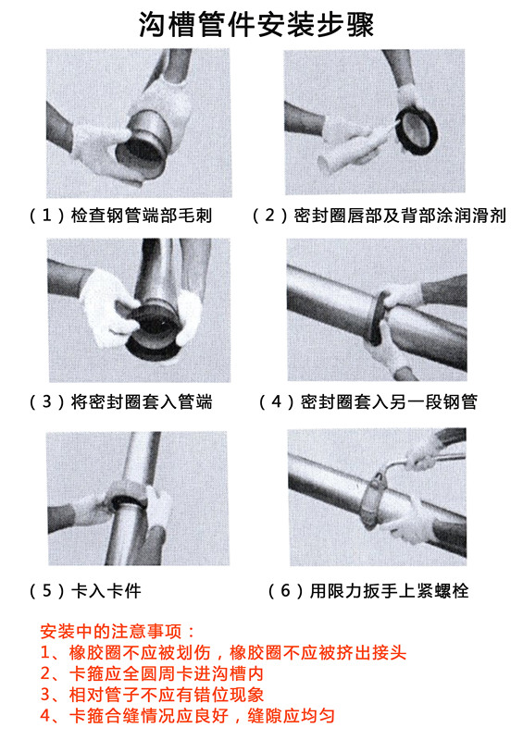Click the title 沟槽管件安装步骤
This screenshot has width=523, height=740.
(256, 24)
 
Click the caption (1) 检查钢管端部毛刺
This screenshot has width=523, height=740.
(121, 216)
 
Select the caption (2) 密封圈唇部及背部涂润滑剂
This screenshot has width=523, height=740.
(380, 216)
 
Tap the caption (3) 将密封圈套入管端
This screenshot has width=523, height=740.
(121, 401)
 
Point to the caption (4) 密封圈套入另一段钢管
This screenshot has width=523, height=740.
(368, 401)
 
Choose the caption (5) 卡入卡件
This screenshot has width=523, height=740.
(85, 590)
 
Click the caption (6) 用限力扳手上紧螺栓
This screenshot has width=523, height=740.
(368, 590)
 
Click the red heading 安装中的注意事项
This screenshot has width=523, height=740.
(118, 631)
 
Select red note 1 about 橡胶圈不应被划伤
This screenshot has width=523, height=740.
(223, 652)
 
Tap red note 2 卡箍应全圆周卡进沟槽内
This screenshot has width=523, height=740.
(152, 673)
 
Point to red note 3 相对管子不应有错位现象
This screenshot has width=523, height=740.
(152, 695)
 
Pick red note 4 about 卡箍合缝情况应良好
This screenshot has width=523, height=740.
(187, 715)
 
